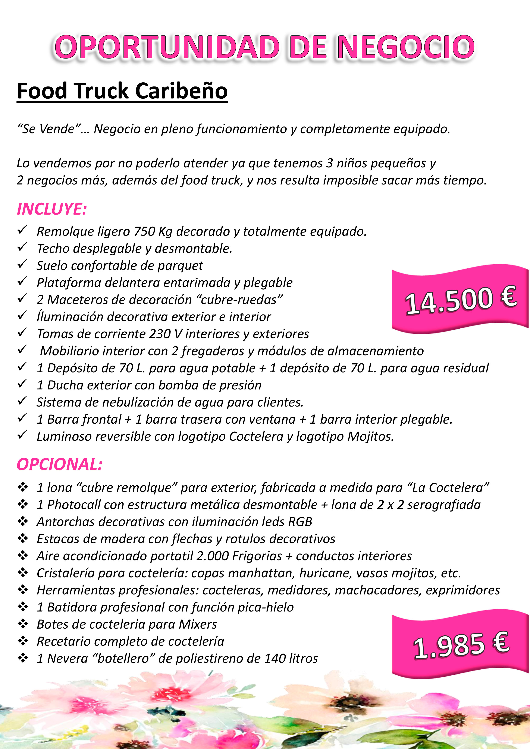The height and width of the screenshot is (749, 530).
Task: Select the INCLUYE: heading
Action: [51, 209]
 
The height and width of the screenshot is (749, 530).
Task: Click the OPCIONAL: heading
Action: [59, 464]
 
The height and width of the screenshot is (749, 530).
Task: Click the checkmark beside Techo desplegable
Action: [22, 247]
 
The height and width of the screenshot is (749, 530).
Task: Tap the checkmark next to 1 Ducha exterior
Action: [22, 384]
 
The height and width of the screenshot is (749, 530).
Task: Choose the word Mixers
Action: [198, 624]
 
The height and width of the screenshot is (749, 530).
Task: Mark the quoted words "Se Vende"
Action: [51, 129]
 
